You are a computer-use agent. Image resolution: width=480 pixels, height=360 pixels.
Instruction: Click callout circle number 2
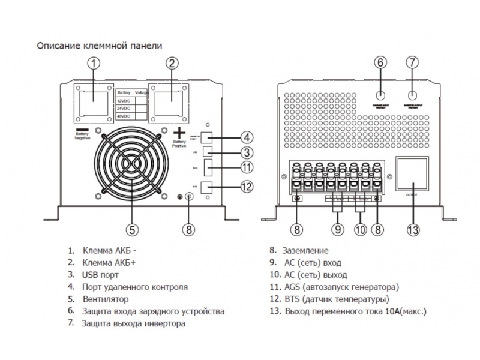point(173,62)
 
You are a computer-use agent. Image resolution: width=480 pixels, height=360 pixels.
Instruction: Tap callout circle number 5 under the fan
point(133,229)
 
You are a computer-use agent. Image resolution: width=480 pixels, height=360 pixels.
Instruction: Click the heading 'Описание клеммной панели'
point(100,45)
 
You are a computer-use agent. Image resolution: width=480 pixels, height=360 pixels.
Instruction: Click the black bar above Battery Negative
point(82,130)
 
